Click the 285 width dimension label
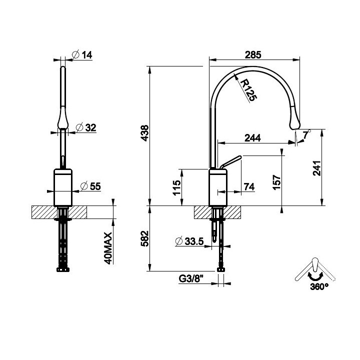(253, 55)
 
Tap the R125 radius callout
(248, 90)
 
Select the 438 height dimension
(145, 133)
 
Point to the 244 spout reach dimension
(252, 138)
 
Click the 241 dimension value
(317, 168)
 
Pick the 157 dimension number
(276, 182)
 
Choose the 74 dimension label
(249, 187)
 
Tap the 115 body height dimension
(177, 188)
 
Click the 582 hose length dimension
(145, 239)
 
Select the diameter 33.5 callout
(189, 241)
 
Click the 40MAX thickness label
(108, 248)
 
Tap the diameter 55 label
(90, 186)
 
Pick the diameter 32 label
(86, 127)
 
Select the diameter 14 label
(82, 55)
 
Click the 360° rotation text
(319, 286)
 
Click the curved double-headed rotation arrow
(316, 276)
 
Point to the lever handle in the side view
(230, 162)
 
